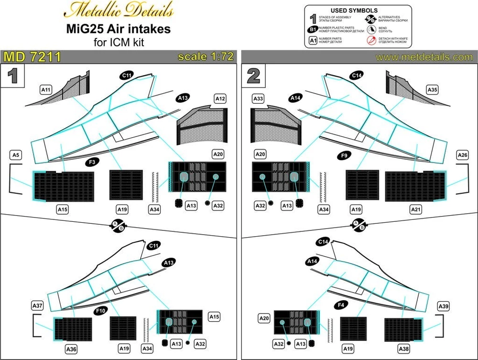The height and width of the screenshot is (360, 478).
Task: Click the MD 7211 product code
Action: click(x=32, y=57)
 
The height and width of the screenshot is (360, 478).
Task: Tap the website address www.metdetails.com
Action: click(x=424, y=57)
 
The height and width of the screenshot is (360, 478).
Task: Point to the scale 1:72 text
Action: click(x=206, y=57)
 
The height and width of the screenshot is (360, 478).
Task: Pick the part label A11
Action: click(x=46, y=89)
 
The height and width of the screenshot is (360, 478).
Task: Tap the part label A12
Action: click(x=220, y=98)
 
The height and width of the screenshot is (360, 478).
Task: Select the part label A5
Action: click(x=16, y=155)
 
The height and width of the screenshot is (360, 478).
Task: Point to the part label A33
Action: click(x=258, y=98)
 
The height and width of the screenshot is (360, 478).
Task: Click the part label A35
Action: click(x=433, y=89)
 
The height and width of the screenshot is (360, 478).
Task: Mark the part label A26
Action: click(x=462, y=155)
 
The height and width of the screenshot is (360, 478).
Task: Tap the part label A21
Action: click(x=415, y=209)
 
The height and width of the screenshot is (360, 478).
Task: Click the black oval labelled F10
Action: click(x=100, y=311)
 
